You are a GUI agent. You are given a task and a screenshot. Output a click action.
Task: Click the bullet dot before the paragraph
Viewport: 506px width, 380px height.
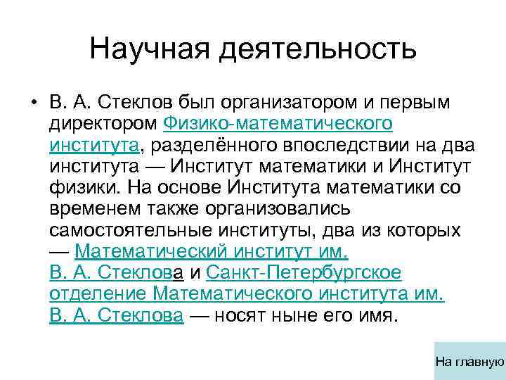point(33,103)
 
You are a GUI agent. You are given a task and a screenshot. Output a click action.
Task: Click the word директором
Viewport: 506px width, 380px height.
point(104,125)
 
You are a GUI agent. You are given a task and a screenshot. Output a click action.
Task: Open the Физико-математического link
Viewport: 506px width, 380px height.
point(278,125)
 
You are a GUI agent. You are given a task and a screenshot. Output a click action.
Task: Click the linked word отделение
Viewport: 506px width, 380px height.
point(98,294)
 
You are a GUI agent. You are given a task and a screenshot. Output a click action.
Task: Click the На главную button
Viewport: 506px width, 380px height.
point(470,362)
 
